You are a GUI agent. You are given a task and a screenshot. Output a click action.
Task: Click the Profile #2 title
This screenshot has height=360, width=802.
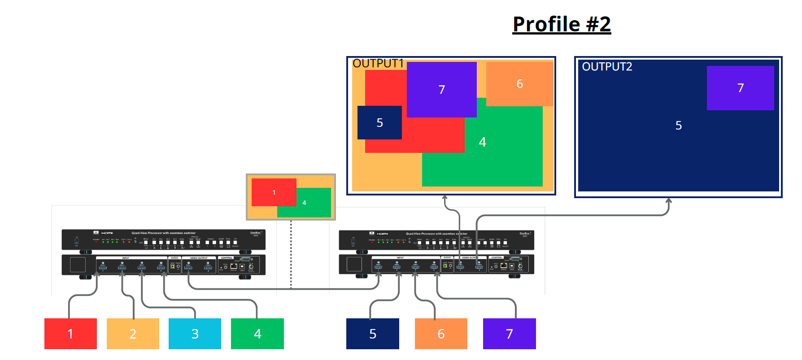[562, 24]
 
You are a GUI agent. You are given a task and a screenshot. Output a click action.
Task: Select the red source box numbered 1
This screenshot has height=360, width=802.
[70, 334]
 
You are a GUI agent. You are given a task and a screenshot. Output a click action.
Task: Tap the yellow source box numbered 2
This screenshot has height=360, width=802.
[133, 334]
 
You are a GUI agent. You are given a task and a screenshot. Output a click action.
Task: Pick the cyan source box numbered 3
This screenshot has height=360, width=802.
[195, 334]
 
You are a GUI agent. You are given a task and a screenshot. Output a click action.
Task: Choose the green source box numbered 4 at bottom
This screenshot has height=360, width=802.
[257, 334]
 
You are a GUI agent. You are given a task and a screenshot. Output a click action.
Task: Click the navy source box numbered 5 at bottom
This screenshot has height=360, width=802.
[372, 334]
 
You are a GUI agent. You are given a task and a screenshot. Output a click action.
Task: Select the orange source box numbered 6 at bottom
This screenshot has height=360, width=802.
[441, 334]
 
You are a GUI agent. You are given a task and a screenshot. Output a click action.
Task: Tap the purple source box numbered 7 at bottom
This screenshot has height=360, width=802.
[509, 334]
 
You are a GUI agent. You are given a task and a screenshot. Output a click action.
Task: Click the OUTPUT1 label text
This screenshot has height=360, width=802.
[378, 64]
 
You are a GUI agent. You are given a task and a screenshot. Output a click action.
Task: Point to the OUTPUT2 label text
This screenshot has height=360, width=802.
[607, 67]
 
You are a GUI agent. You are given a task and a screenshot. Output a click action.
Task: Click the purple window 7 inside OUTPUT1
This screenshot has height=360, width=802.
[441, 90]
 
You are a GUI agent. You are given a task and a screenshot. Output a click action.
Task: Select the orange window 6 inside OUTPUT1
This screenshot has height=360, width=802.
[519, 84]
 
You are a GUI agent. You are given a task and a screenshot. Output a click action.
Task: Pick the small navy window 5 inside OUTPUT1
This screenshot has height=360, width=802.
[379, 123]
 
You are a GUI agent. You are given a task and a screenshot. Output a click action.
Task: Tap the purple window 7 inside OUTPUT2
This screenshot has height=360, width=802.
[740, 88]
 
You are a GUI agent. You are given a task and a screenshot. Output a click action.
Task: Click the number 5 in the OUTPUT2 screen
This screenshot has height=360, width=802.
[678, 126]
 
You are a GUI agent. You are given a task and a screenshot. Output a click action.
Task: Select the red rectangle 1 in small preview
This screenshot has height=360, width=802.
[274, 192]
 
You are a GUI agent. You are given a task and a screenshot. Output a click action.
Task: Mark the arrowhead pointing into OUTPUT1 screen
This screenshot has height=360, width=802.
[445, 197]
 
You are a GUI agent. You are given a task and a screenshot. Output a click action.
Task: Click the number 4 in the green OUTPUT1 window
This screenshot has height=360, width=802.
[482, 142]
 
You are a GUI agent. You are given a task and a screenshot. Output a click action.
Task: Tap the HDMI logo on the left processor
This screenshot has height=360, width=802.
[107, 233]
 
